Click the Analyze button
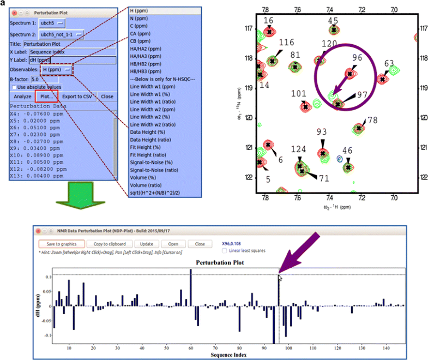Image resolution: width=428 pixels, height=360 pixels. [x=23, y=96]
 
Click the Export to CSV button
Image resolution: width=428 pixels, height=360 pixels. [x=80, y=96]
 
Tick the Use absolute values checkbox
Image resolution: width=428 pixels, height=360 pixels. [x=14, y=87]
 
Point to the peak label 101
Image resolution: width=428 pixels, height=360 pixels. [x=299, y=93]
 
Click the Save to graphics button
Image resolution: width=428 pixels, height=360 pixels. [x=62, y=244]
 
